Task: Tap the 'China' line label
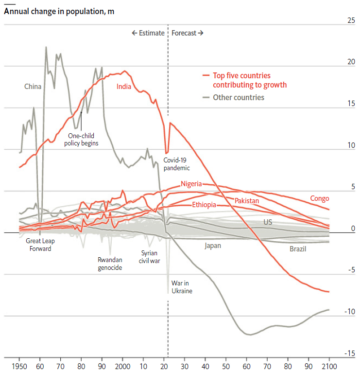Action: pos(33,87)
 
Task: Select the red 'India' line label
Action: pos(125,87)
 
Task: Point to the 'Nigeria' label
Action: pos(191,183)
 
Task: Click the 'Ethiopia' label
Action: pos(204,205)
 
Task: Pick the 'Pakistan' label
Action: pos(247,200)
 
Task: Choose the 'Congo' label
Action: pos(320,198)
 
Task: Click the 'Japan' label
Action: pos(213,246)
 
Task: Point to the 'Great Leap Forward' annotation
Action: pos(38,245)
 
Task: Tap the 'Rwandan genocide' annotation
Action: pos(110,263)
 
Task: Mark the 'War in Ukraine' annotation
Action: pos(182,286)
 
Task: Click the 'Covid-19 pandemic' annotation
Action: pos(176,163)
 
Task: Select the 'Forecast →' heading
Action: pos(188,33)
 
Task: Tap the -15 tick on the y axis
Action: pos(349,353)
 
